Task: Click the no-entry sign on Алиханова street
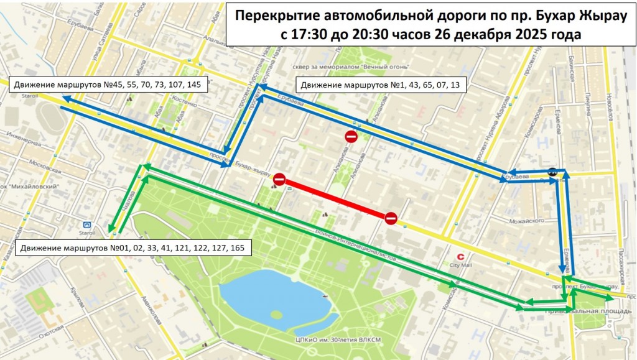click(351, 137)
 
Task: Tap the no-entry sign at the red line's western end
click(279, 180)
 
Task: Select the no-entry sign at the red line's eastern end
click(391, 218)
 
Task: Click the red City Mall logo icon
click(460, 256)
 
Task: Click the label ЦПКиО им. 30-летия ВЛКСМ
click(329, 340)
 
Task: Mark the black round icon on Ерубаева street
click(552, 172)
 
